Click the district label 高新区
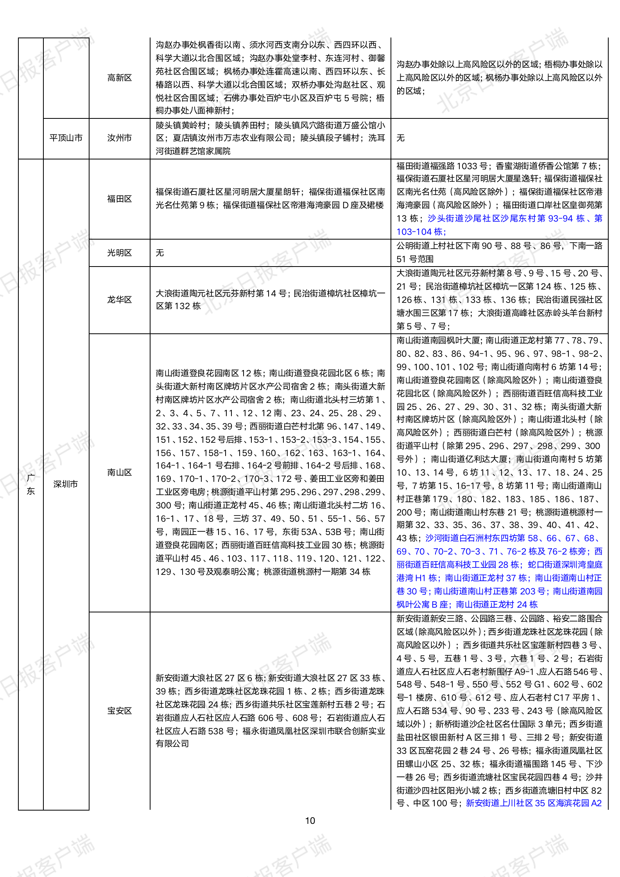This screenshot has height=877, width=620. pos(119,78)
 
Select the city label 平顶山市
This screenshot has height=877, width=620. pos(66,138)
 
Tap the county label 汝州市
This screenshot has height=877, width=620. pos(119,138)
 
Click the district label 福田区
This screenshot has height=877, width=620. pos(119,199)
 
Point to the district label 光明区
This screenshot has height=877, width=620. pos(119,253)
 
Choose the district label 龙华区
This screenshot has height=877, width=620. pos(119,300)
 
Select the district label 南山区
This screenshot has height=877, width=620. pos(119,473)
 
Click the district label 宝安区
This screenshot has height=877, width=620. pos(119,711)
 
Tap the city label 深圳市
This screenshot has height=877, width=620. pos(66,484)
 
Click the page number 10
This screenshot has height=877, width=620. pos(310,821)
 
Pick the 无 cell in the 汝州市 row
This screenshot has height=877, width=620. pos(401,138)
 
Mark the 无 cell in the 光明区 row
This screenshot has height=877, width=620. pos(160,253)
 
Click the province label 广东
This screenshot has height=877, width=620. pos(31,484)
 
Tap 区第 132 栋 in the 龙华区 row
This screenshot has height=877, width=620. pos(178,306)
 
